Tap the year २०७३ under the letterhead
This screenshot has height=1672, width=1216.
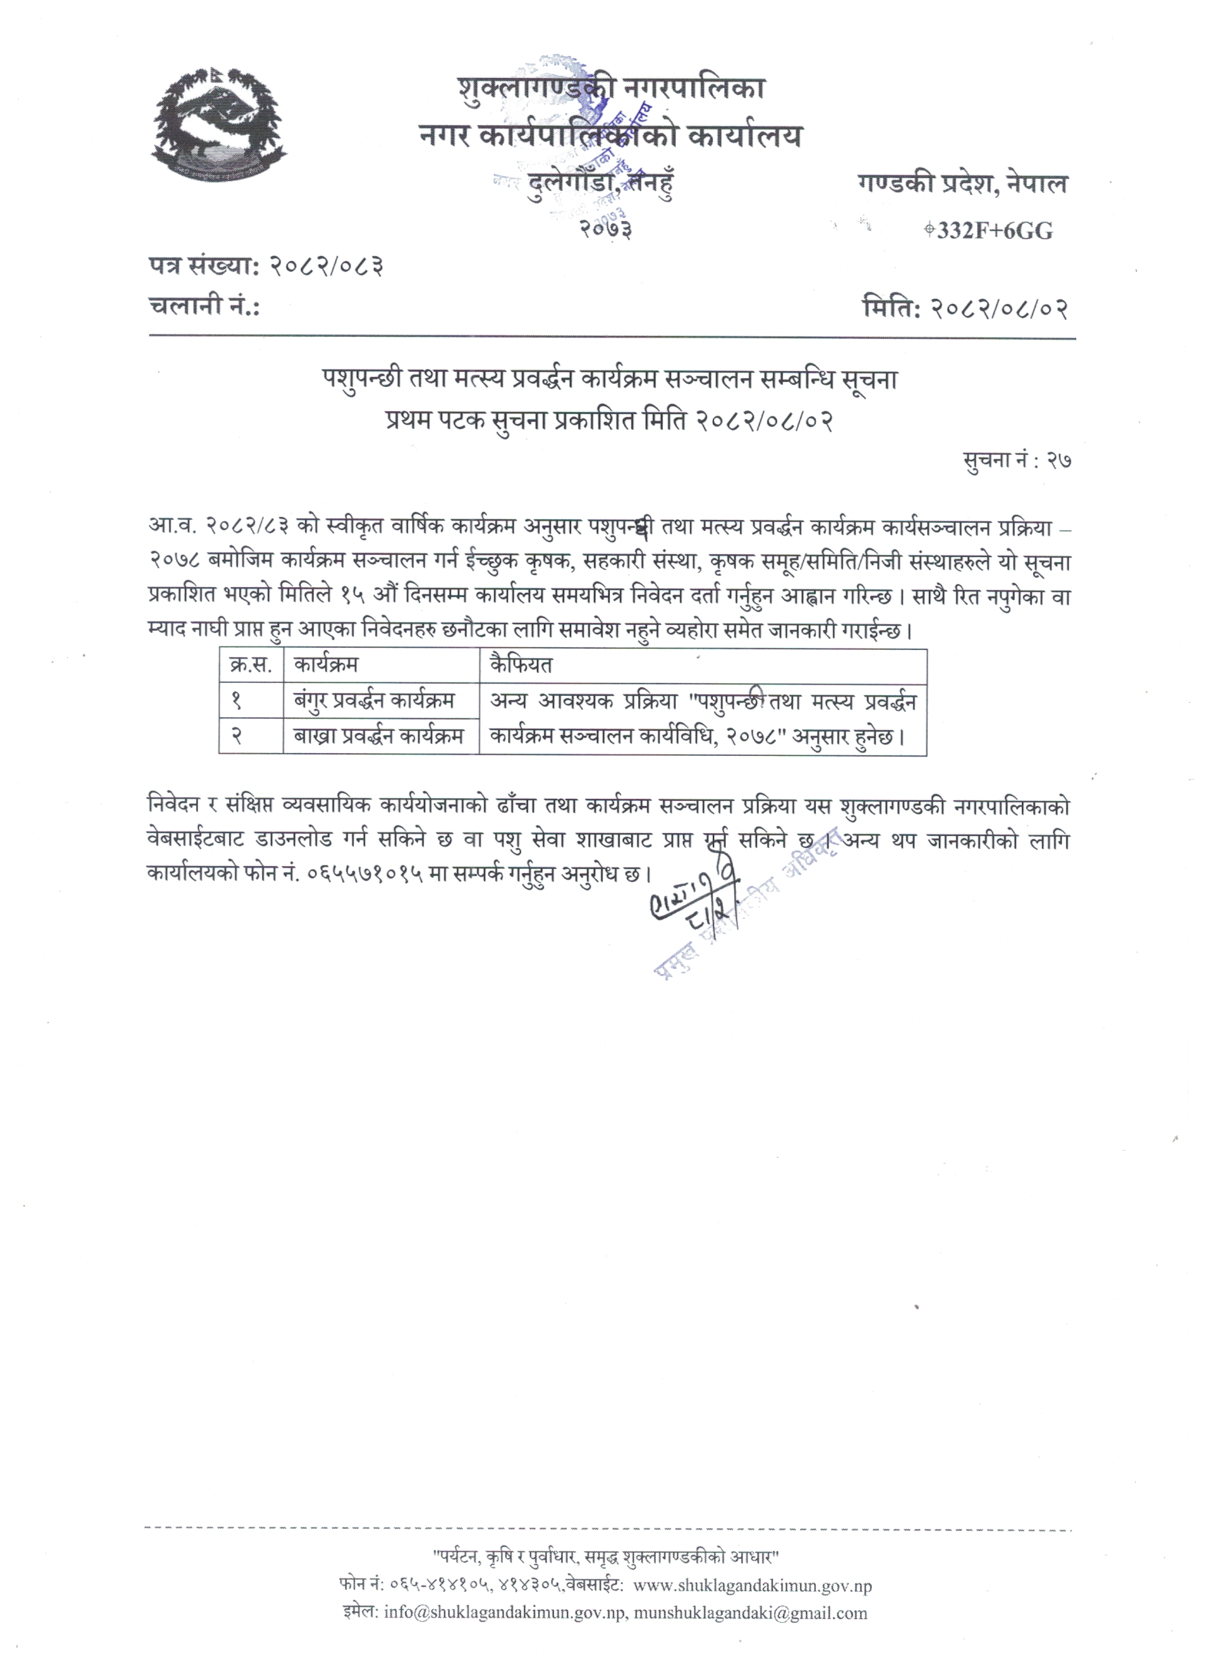(x=604, y=230)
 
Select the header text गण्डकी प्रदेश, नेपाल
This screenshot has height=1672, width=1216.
(x=962, y=184)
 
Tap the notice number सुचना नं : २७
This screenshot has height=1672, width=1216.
(x=1017, y=461)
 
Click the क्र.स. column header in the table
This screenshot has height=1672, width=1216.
(x=251, y=665)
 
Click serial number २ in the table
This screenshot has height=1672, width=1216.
(x=237, y=736)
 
